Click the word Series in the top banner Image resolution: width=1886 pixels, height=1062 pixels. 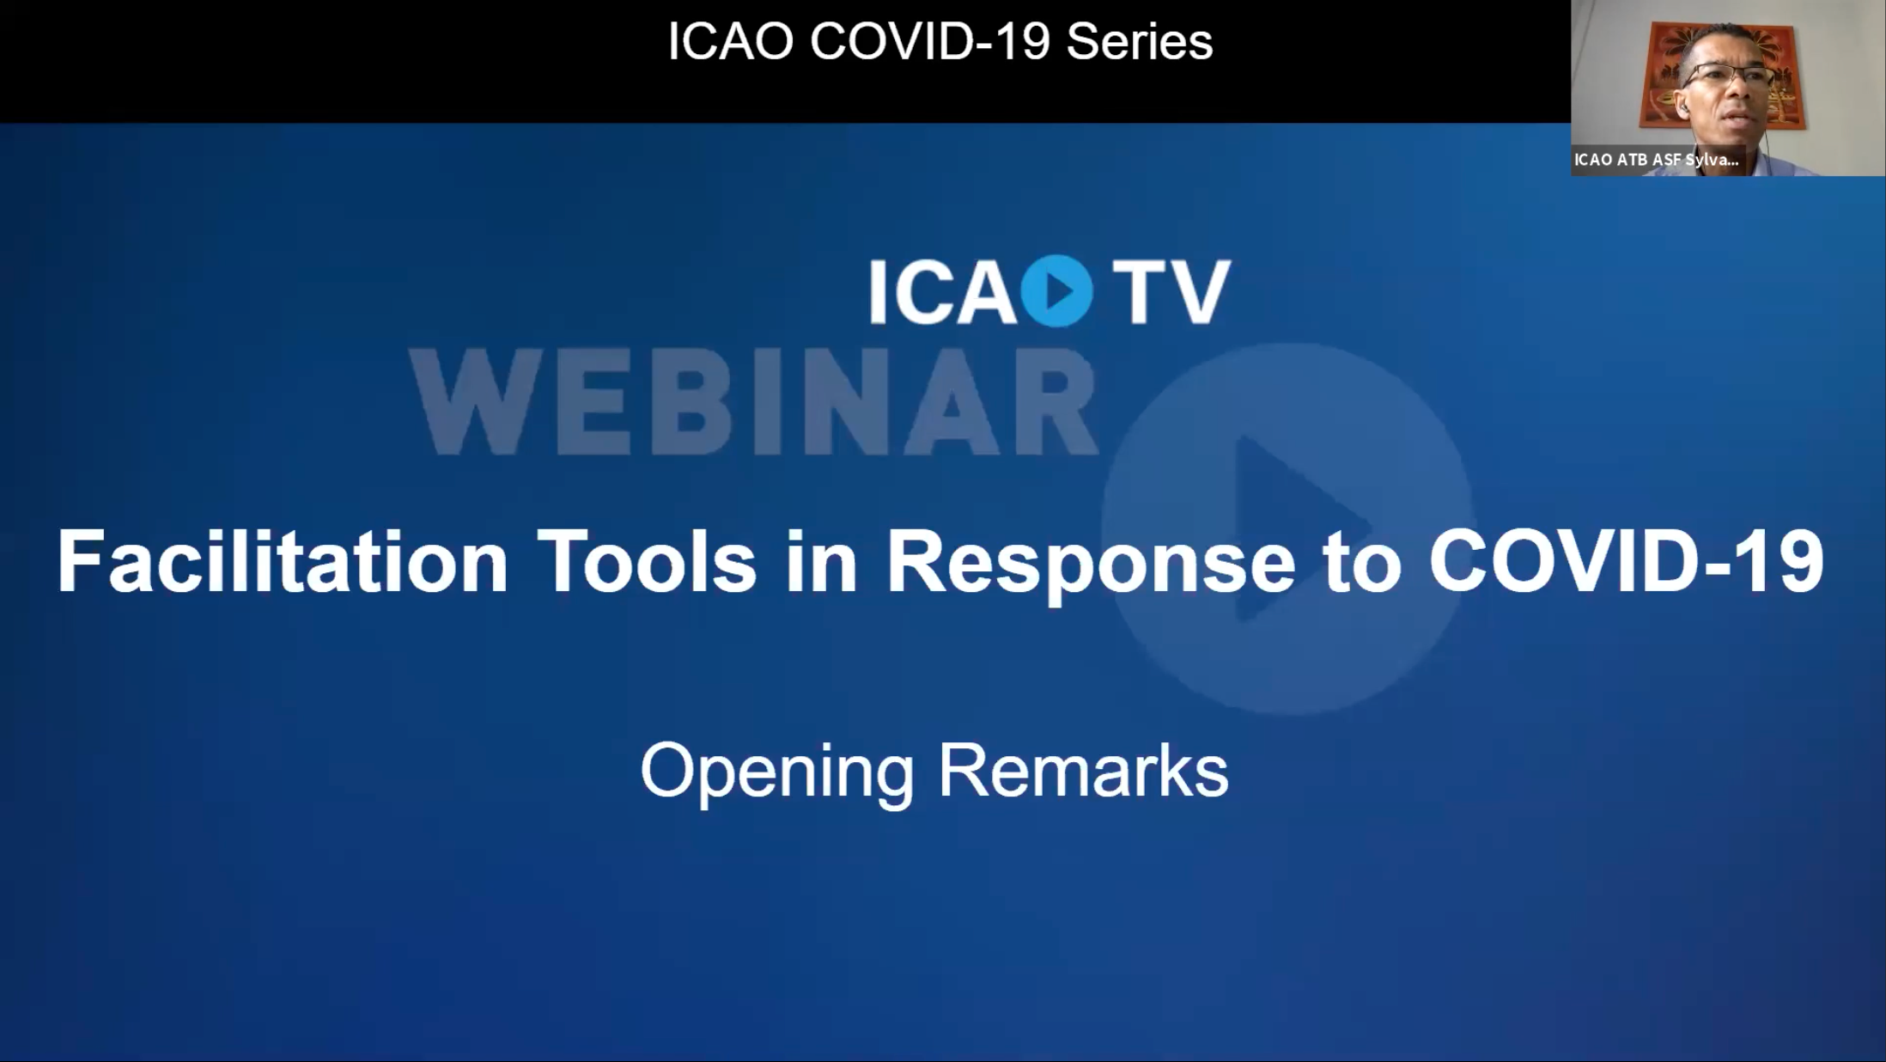[x=1139, y=41]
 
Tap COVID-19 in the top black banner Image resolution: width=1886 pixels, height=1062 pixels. [x=929, y=41]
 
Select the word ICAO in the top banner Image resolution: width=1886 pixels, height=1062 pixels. [x=730, y=41]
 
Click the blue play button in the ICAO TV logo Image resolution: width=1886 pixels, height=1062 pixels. [x=1057, y=291]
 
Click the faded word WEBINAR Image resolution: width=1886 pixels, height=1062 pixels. [x=753, y=402]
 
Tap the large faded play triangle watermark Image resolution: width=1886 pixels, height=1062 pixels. [x=1288, y=528]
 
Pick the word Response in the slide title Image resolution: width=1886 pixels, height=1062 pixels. [x=1090, y=563]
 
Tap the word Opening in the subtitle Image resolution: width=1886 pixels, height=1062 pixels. [x=776, y=771]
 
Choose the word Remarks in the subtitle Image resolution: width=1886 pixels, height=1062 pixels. [x=1083, y=771]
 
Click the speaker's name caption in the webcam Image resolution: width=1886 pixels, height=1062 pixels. [x=1656, y=160]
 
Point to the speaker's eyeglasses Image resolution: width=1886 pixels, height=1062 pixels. [x=1728, y=76]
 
